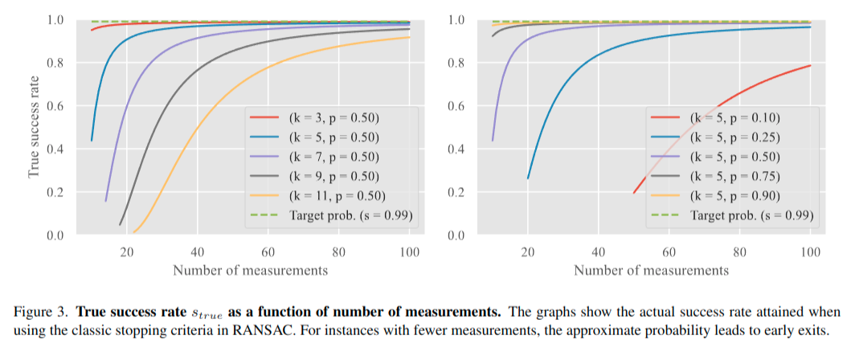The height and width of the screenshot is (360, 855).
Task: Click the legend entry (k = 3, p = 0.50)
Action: (333, 117)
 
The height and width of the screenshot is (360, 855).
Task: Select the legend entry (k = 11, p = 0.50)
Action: (337, 195)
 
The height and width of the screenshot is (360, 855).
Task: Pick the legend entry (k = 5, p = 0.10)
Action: (734, 117)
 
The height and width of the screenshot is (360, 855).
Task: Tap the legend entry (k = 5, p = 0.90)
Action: (734, 195)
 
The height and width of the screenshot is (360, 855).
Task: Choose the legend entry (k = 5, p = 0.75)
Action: (734, 176)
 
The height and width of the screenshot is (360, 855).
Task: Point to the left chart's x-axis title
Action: (250, 270)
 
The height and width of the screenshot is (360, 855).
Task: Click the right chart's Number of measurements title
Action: (651, 270)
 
